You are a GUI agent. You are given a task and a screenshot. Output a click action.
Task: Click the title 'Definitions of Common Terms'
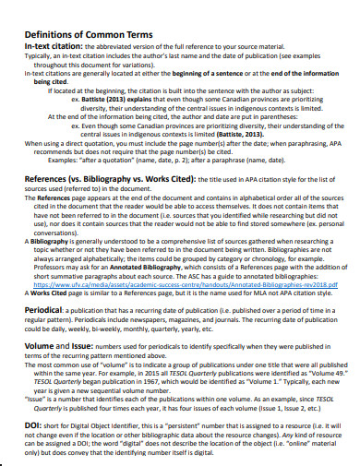(x=92, y=27)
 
